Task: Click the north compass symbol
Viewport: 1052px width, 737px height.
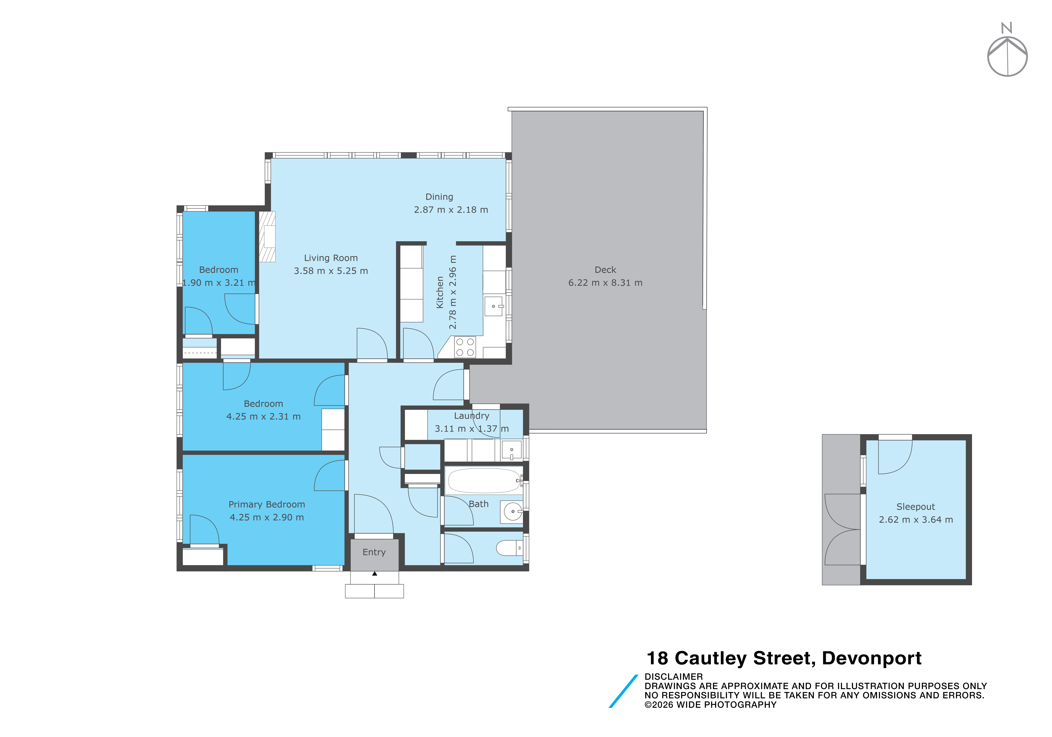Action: coord(1007,50)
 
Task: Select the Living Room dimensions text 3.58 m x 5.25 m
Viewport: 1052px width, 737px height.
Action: coord(331,271)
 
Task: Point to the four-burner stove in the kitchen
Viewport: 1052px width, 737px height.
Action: coord(465,347)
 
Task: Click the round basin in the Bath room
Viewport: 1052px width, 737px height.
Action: coord(513,511)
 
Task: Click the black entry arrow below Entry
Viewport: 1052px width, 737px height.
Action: coord(374,573)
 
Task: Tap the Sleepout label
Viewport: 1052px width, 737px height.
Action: coord(915,507)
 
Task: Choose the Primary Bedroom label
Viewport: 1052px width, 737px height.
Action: coord(267,505)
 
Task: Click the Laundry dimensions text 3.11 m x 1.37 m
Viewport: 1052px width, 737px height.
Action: coord(471,429)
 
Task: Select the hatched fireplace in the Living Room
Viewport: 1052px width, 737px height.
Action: coord(267,237)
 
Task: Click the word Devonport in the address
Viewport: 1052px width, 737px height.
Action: coord(871,658)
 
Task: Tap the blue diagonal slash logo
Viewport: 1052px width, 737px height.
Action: coord(623,691)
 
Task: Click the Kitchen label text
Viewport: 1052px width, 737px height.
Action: coord(440,292)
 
